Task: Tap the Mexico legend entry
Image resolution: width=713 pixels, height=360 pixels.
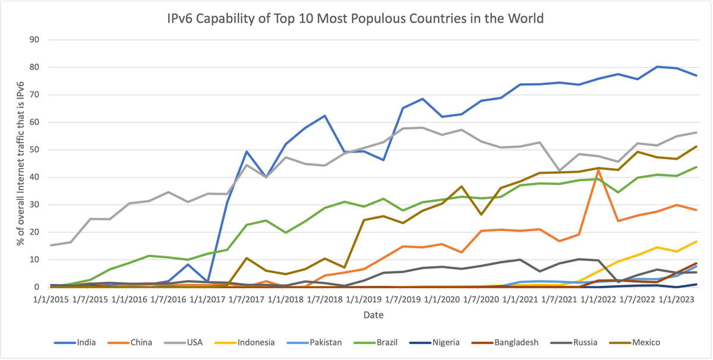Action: click(x=645, y=342)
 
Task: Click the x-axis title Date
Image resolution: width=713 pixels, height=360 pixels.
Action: click(x=374, y=315)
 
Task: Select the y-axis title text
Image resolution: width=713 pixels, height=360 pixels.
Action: click(x=20, y=164)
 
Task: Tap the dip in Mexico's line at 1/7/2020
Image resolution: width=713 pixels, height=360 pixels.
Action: click(x=481, y=214)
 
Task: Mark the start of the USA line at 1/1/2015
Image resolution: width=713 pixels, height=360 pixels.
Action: click(x=51, y=245)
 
